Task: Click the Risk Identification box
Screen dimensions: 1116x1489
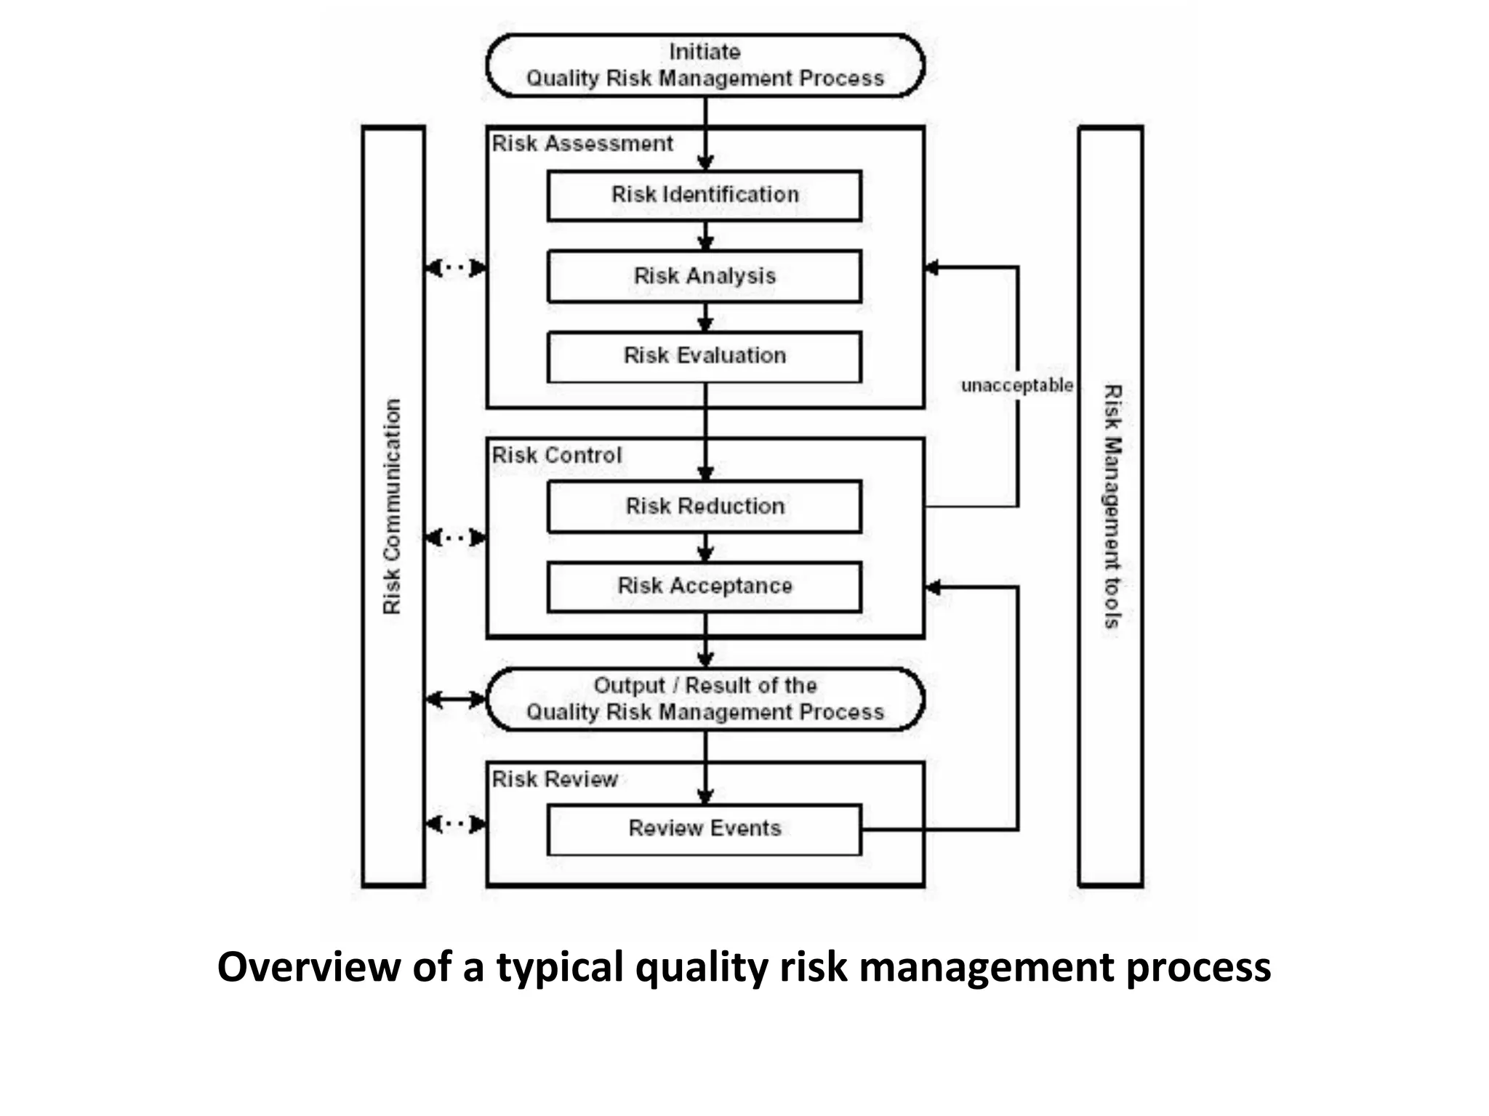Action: point(704,195)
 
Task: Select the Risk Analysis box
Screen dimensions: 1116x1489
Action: point(704,276)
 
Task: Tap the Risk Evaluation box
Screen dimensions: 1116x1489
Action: point(704,356)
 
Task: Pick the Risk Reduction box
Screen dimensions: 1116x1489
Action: point(704,506)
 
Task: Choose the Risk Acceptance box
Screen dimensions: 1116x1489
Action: point(704,586)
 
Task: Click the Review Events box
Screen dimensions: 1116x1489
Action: point(704,829)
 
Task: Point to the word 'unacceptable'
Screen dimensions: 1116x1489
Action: point(1016,385)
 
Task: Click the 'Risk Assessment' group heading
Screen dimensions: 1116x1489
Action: point(582,144)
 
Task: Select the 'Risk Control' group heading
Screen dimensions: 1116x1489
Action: point(557,456)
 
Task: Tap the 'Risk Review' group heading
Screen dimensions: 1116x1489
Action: point(555,780)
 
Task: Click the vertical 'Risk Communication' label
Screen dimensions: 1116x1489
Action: point(392,506)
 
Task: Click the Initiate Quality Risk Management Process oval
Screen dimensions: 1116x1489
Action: point(705,65)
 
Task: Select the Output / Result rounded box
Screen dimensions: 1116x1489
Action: point(705,699)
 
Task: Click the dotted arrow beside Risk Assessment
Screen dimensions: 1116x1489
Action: point(455,268)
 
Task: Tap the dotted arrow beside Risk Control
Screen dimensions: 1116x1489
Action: point(455,538)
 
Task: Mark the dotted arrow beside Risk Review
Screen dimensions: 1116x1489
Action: point(455,824)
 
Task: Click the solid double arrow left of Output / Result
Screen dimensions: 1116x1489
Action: point(455,700)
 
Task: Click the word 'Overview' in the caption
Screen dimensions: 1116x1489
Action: point(308,968)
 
